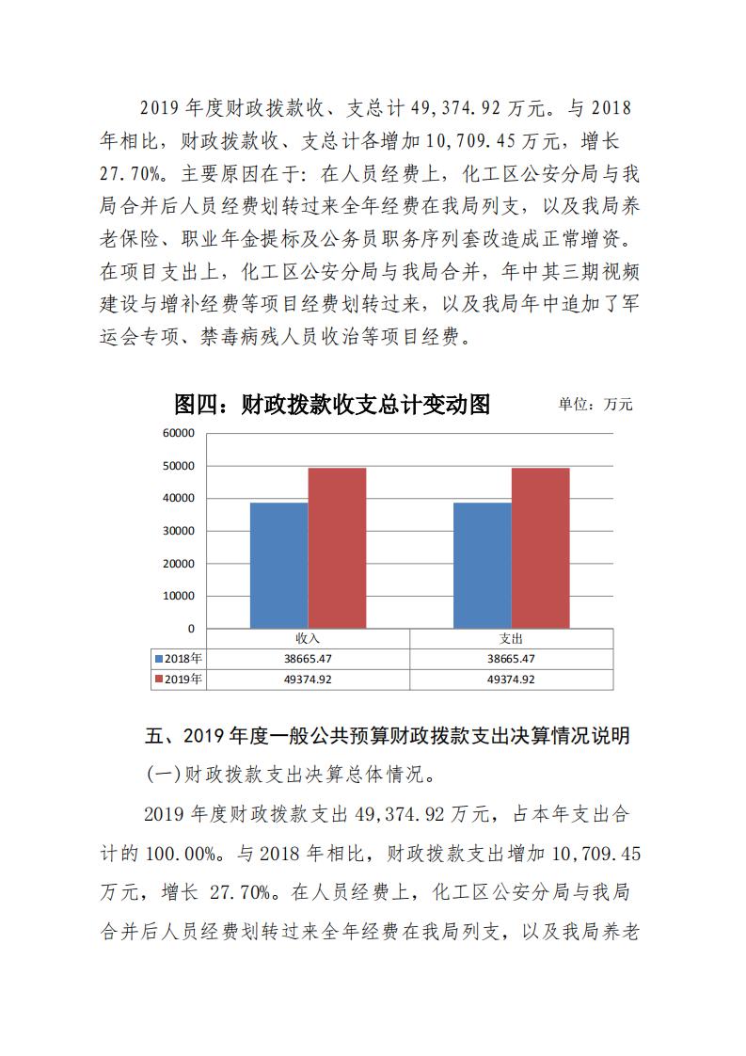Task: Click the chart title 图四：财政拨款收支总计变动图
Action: [332, 405]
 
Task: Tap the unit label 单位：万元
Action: [595, 405]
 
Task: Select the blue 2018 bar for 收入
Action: [278, 565]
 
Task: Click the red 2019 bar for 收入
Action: [337, 548]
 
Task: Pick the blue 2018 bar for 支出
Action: [483, 565]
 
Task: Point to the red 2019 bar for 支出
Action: [540, 548]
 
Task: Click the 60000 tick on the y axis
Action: [179, 433]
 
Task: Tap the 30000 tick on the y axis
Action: [179, 531]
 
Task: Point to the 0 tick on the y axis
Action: [190, 628]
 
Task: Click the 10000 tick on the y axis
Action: [179, 596]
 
